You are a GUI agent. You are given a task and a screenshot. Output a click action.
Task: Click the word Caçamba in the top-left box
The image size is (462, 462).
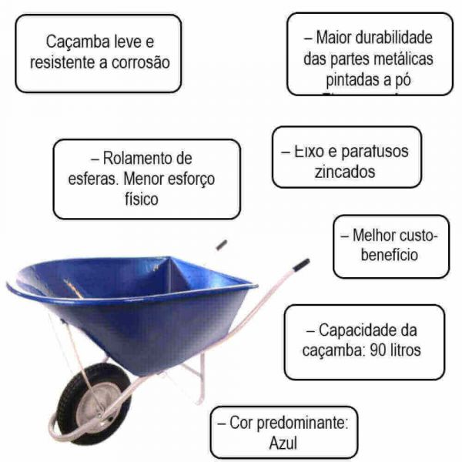(x=74, y=42)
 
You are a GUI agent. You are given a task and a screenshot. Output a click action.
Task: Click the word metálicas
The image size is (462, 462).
(x=406, y=59)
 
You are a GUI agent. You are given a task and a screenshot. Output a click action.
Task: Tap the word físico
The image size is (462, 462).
(x=136, y=199)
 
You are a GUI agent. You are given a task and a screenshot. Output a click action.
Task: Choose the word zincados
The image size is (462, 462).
(x=345, y=171)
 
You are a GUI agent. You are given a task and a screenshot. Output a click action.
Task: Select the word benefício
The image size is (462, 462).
(x=389, y=254)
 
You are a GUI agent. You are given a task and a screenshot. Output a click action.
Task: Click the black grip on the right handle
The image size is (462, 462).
(x=300, y=264)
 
